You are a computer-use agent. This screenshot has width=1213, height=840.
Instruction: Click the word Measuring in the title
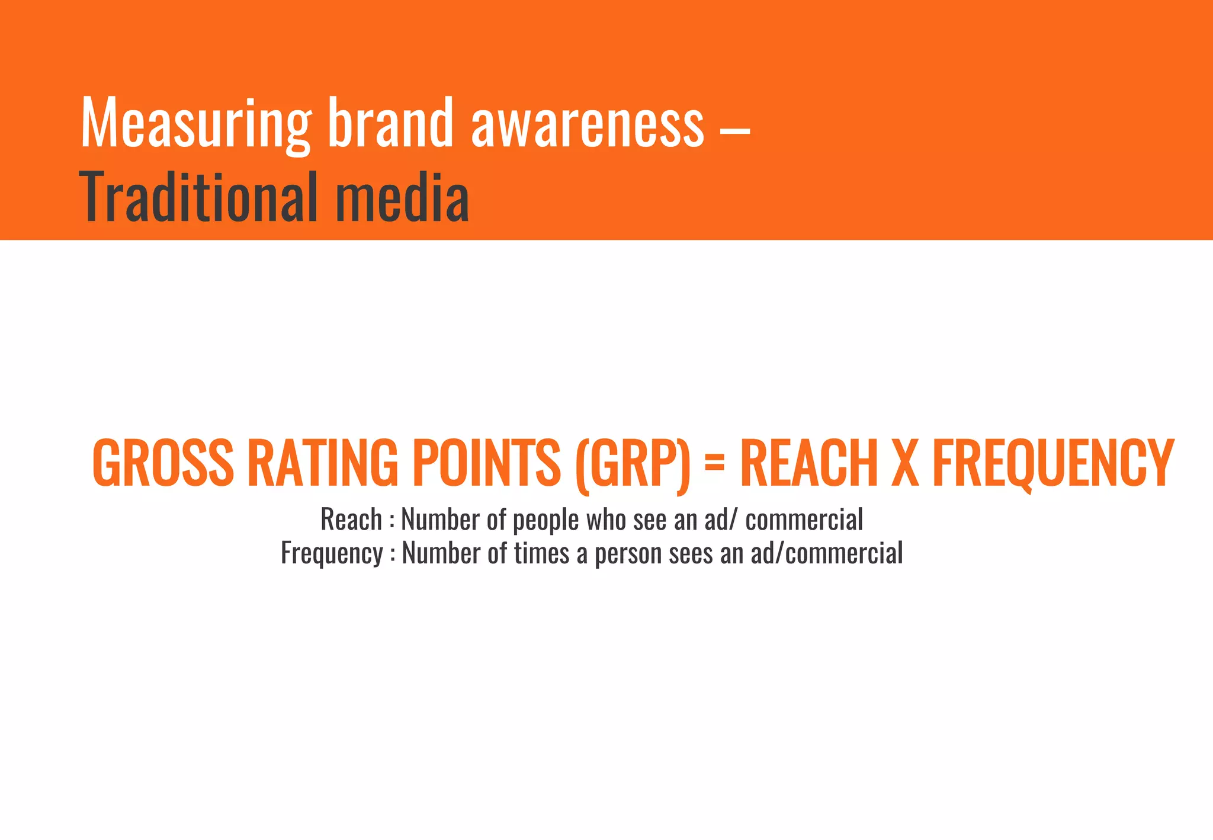click(x=196, y=123)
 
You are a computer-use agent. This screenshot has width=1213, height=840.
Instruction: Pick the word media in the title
click(x=403, y=197)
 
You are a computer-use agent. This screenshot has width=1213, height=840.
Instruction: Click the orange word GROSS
click(x=163, y=463)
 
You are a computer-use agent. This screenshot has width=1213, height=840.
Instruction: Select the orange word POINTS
click(x=486, y=463)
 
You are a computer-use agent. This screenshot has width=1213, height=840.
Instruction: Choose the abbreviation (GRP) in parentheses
click(x=633, y=464)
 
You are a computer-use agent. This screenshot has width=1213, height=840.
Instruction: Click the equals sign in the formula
click(x=715, y=461)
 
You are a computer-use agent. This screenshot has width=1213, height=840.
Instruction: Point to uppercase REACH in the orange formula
click(x=808, y=463)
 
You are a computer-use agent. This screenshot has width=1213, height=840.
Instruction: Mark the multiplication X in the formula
click(x=905, y=463)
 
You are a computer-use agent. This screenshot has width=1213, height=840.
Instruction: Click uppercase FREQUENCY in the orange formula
click(x=1052, y=463)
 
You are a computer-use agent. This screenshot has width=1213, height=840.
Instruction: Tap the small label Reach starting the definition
click(x=351, y=520)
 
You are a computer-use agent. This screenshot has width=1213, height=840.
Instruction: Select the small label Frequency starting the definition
click(x=332, y=554)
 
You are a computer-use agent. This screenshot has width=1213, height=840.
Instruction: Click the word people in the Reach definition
click(x=545, y=521)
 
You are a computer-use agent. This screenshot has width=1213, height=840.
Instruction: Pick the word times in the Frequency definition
click(x=541, y=553)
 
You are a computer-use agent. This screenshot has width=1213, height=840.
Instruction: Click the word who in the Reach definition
click(x=606, y=520)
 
